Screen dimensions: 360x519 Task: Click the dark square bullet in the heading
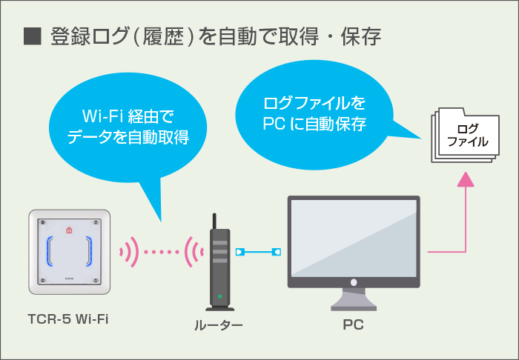click(x=31, y=37)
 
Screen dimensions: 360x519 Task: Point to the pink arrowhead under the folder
click(x=465, y=179)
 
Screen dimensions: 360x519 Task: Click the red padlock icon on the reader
click(x=69, y=230)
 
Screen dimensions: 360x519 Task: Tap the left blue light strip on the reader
click(x=50, y=250)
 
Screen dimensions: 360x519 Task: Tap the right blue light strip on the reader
click(x=88, y=250)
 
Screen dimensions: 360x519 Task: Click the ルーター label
click(x=219, y=324)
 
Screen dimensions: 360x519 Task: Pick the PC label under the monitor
click(x=353, y=324)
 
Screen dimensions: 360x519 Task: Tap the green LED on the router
click(x=219, y=297)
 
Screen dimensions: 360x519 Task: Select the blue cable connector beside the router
click(x=239, y=252)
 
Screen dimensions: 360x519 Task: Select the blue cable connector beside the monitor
click(x=276, y=252)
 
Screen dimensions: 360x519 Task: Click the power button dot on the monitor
click(x=354, y=282)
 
